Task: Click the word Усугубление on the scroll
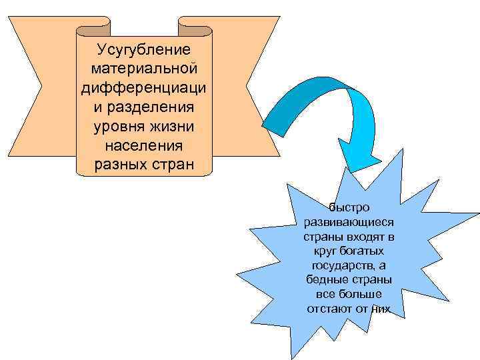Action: point(144,49)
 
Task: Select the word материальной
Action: point(144,69)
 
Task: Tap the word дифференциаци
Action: point(144,88)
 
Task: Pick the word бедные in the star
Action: point(325,279)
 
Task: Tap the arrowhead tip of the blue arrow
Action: point(367,172)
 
